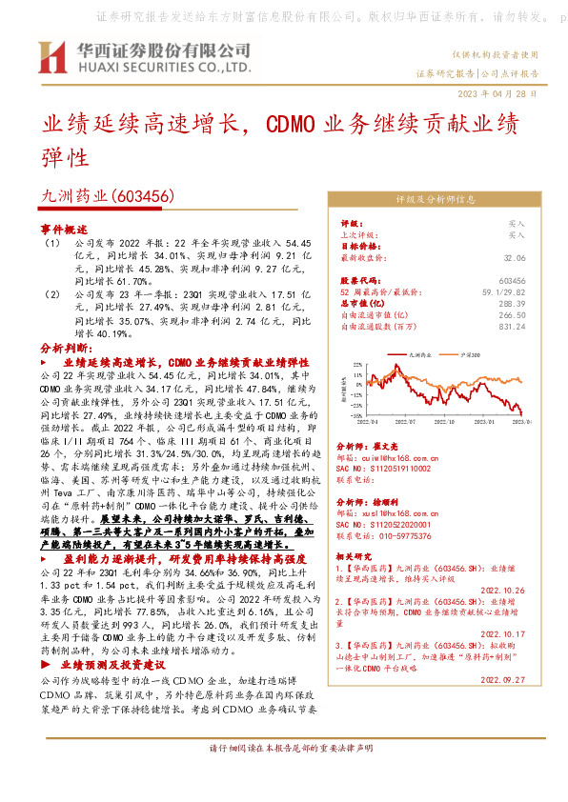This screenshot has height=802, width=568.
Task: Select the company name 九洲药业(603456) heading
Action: coord(105,195)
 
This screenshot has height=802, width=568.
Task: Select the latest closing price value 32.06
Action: coord(515,257)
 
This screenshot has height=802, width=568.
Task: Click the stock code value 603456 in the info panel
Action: coord(512,281)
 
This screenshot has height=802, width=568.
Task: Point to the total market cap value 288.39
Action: coord(513,303)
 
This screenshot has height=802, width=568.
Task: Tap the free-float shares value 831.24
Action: coord(513,326)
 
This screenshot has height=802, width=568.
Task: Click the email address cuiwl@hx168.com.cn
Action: coord(385,456)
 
